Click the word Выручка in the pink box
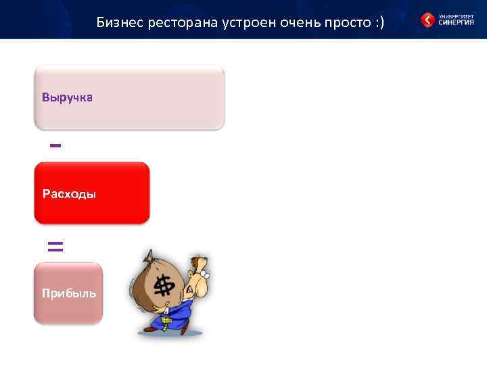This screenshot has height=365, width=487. click(x=67, y=97)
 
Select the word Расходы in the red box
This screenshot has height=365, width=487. click(x=69, y=195)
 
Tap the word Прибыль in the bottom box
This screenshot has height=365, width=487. click(x=68, y=293)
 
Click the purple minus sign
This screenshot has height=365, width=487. click(x=55, y=145)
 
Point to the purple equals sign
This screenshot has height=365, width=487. click(x=55, y=246)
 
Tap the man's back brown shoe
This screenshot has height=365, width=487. click(x=148, y=331)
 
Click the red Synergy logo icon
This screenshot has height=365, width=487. click(x=427, y=20)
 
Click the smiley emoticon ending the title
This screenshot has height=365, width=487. click(x=378, y=23)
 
